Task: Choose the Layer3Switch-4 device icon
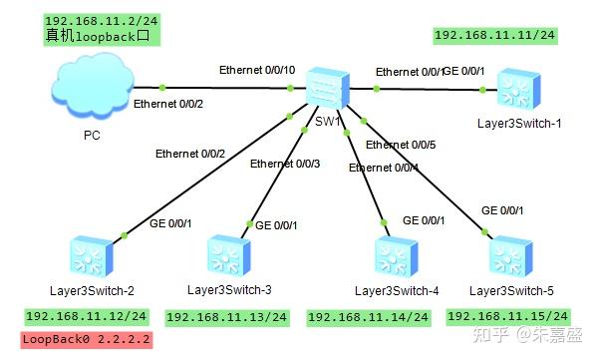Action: [395, 257]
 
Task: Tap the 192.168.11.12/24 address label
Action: [86, 316]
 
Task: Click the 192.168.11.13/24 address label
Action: [226, 317]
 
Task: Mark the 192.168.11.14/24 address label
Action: [368, 317]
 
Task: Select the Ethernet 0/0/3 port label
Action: [285, 164]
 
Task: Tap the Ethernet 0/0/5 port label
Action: [401, 146]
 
